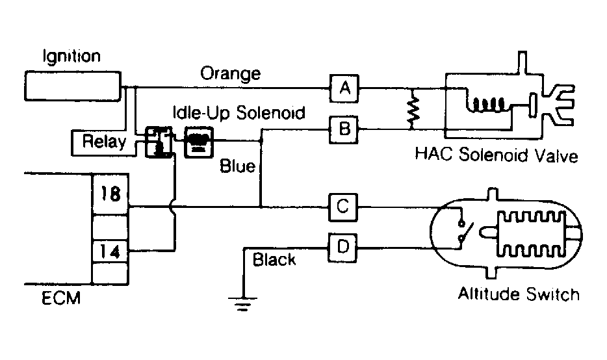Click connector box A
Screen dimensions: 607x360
[344, 88]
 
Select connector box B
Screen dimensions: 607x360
[343, 130]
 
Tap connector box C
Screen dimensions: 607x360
[343, 207]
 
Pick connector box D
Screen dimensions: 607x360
[342, 248]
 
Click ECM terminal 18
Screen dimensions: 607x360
[110, 194]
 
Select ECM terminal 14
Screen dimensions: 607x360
[110, 252]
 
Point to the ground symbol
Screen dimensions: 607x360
[242, 304]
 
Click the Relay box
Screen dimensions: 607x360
[104, 142]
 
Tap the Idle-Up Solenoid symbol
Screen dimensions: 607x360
[199, 142]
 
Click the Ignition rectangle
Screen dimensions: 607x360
[73, 86]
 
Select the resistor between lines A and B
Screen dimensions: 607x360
[414, 109]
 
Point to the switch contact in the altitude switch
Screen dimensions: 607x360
[465, 231]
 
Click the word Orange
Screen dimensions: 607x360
[231, 73]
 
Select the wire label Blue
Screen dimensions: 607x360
[238, 166]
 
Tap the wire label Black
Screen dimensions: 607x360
[274, 259]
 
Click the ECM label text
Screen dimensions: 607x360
[61, 298]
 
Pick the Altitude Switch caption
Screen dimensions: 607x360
[519, 294]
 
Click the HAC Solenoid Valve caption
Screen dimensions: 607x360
[497, 155]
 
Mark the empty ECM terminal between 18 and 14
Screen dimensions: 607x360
[110, 227]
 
